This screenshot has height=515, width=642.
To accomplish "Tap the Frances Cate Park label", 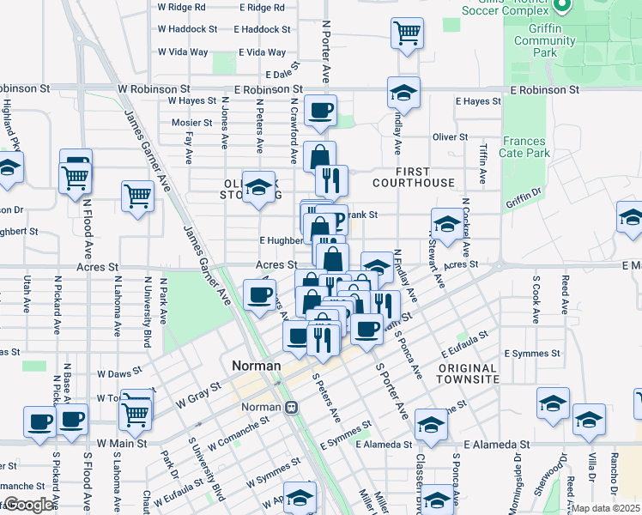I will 525,147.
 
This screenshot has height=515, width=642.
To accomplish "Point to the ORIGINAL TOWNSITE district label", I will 467,373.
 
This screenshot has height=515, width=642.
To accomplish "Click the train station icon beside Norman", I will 292,407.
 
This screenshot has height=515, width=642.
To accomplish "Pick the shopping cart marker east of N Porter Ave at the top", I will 407,33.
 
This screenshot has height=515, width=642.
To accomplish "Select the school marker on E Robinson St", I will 403,92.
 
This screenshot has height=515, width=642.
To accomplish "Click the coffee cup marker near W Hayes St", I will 320,111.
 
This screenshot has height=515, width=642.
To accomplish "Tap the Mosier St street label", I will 191,123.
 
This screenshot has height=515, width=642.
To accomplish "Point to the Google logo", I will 29,505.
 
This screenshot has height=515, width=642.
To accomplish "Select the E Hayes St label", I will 478,101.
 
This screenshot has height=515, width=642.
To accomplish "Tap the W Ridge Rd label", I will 182,7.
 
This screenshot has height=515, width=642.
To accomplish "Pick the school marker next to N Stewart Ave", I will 445,224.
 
